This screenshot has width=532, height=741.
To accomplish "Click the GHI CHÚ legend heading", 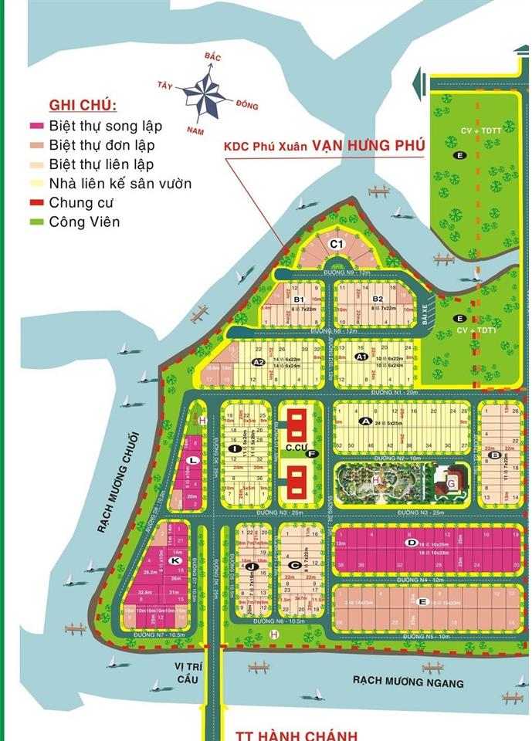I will pyautogui.click(x=83, y=105).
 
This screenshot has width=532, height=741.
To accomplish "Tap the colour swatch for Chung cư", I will pyautogui.click(x=35, y=203).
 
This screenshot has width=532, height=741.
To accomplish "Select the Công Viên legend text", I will pyautogui.click(x=85, y=222).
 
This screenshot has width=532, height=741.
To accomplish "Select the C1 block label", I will pyautogui.click(x=336, y=244).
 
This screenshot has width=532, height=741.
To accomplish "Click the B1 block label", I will pyautogui.click(x=300, y=299).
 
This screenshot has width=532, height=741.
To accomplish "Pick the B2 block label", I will pyautogui.click(x=378, y=299).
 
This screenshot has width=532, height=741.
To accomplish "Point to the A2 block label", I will pyautogui.click(x=259, y=361).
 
